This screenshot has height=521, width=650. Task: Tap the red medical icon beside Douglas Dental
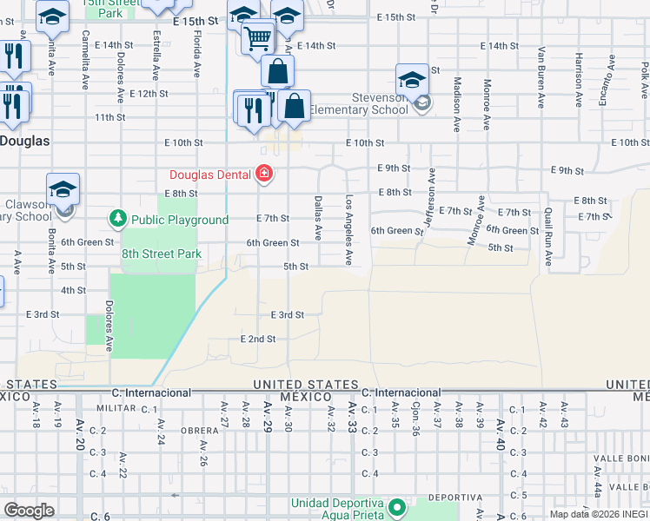263,175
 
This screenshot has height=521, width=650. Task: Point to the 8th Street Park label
162,254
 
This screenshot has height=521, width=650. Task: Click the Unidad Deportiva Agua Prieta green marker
397,506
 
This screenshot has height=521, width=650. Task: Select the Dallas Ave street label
318,218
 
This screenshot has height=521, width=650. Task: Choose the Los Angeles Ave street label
349,230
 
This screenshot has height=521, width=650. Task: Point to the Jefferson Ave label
428,195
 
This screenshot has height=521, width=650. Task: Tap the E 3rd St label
287,314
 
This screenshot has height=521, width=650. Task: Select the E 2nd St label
258,339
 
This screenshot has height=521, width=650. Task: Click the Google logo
29,511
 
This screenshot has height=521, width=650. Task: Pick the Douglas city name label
23,140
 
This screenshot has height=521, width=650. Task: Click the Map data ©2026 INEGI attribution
599,514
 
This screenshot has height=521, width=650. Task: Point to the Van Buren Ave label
541,77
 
